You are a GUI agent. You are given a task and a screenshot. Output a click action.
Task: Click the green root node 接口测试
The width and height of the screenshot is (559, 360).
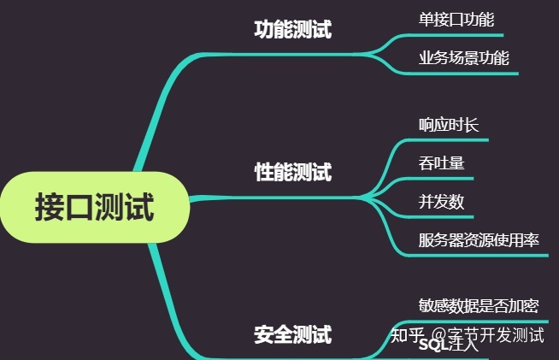click(94, 207)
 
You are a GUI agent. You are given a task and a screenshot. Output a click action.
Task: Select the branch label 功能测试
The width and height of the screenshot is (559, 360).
click(292, 30)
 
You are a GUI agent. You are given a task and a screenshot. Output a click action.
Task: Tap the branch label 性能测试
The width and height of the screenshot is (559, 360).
click(292, 173)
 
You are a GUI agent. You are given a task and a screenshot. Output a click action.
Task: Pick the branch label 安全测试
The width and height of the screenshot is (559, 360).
click(292, 334)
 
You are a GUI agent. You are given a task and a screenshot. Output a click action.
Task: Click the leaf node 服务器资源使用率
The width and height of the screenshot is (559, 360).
click(479, 240)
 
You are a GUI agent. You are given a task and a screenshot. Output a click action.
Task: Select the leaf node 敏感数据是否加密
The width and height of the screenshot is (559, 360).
click(479, 305)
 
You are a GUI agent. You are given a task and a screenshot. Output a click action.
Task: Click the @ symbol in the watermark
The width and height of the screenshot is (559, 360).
click(438, 335)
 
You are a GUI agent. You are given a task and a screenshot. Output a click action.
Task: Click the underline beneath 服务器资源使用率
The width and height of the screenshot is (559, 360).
click(479, 255)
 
